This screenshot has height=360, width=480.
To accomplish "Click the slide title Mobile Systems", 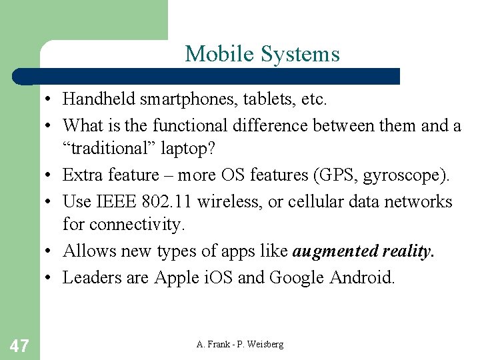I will pos(262,54).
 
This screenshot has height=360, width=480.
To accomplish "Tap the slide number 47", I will pos(20,345).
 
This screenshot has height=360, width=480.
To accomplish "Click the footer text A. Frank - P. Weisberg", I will pos(240,344).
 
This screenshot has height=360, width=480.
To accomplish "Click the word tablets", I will pos(255,99).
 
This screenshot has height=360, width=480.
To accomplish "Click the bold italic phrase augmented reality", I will pos(363,251).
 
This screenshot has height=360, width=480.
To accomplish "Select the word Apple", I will pos(177,277).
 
